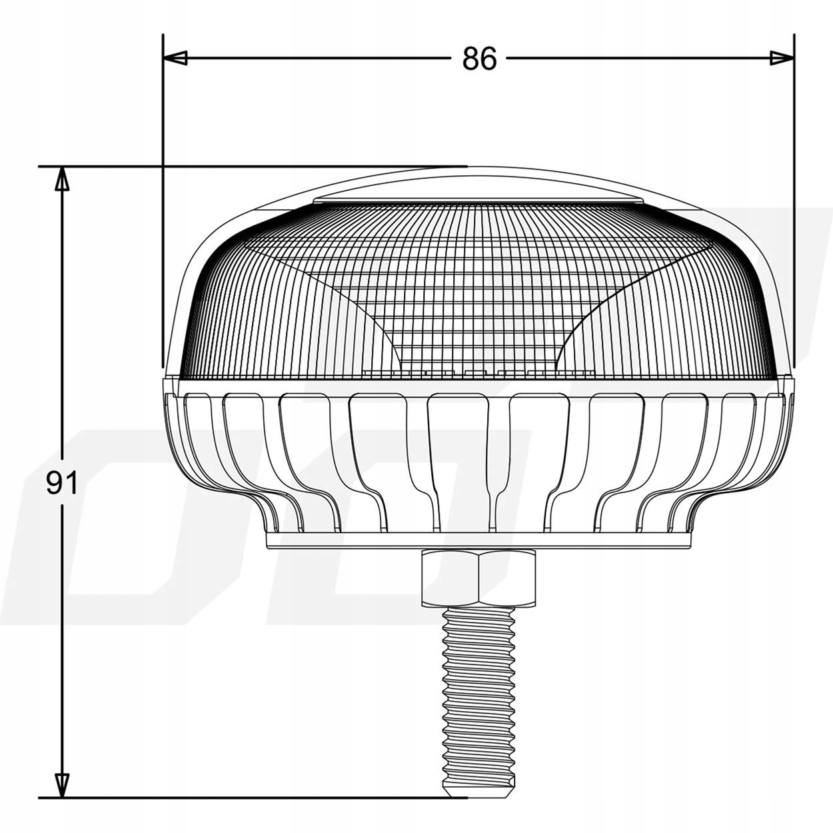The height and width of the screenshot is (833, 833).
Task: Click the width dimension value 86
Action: tap(479, 59)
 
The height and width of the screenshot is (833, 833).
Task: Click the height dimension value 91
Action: tap(62, 483)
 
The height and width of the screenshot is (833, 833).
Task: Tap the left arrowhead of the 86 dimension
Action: tap(175, 58)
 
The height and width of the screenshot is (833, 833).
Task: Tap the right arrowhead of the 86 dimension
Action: tap(782, 58)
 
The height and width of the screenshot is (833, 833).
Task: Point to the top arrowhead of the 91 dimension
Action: tap(62, 179)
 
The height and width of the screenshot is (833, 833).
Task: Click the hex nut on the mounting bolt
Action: tap(478, 577)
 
